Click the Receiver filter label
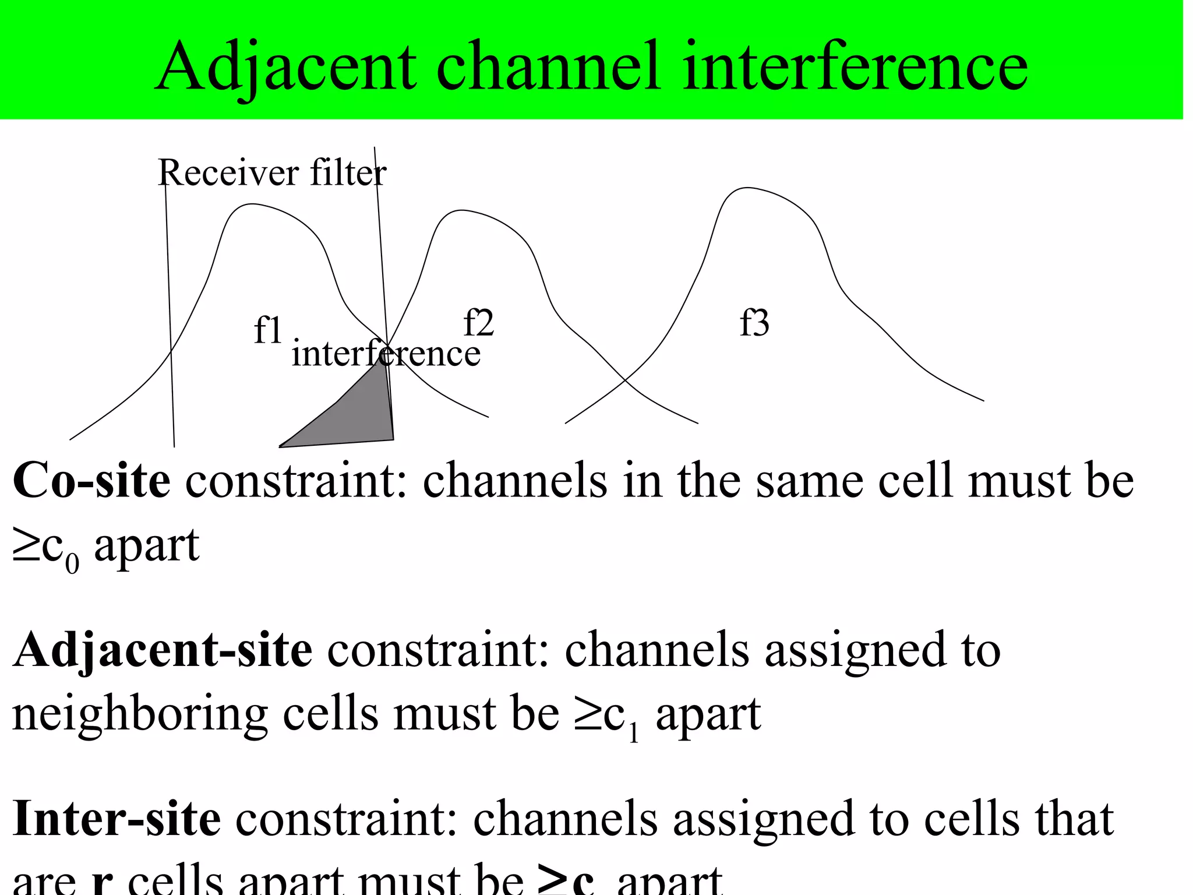(271, 172)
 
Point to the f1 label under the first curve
(268, 330)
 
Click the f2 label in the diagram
(478, 323)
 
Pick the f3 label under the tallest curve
(754, 323)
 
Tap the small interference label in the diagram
(386, 354)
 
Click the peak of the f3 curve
(747, 188)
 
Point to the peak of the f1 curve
(252, 204)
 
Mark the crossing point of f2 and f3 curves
(626, 380)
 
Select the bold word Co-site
(91, 481)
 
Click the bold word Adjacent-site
(163, 650)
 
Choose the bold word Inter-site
(117, 819)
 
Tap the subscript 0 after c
(72, 564)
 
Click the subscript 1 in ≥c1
(634, 733)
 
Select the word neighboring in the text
(140, 716)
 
